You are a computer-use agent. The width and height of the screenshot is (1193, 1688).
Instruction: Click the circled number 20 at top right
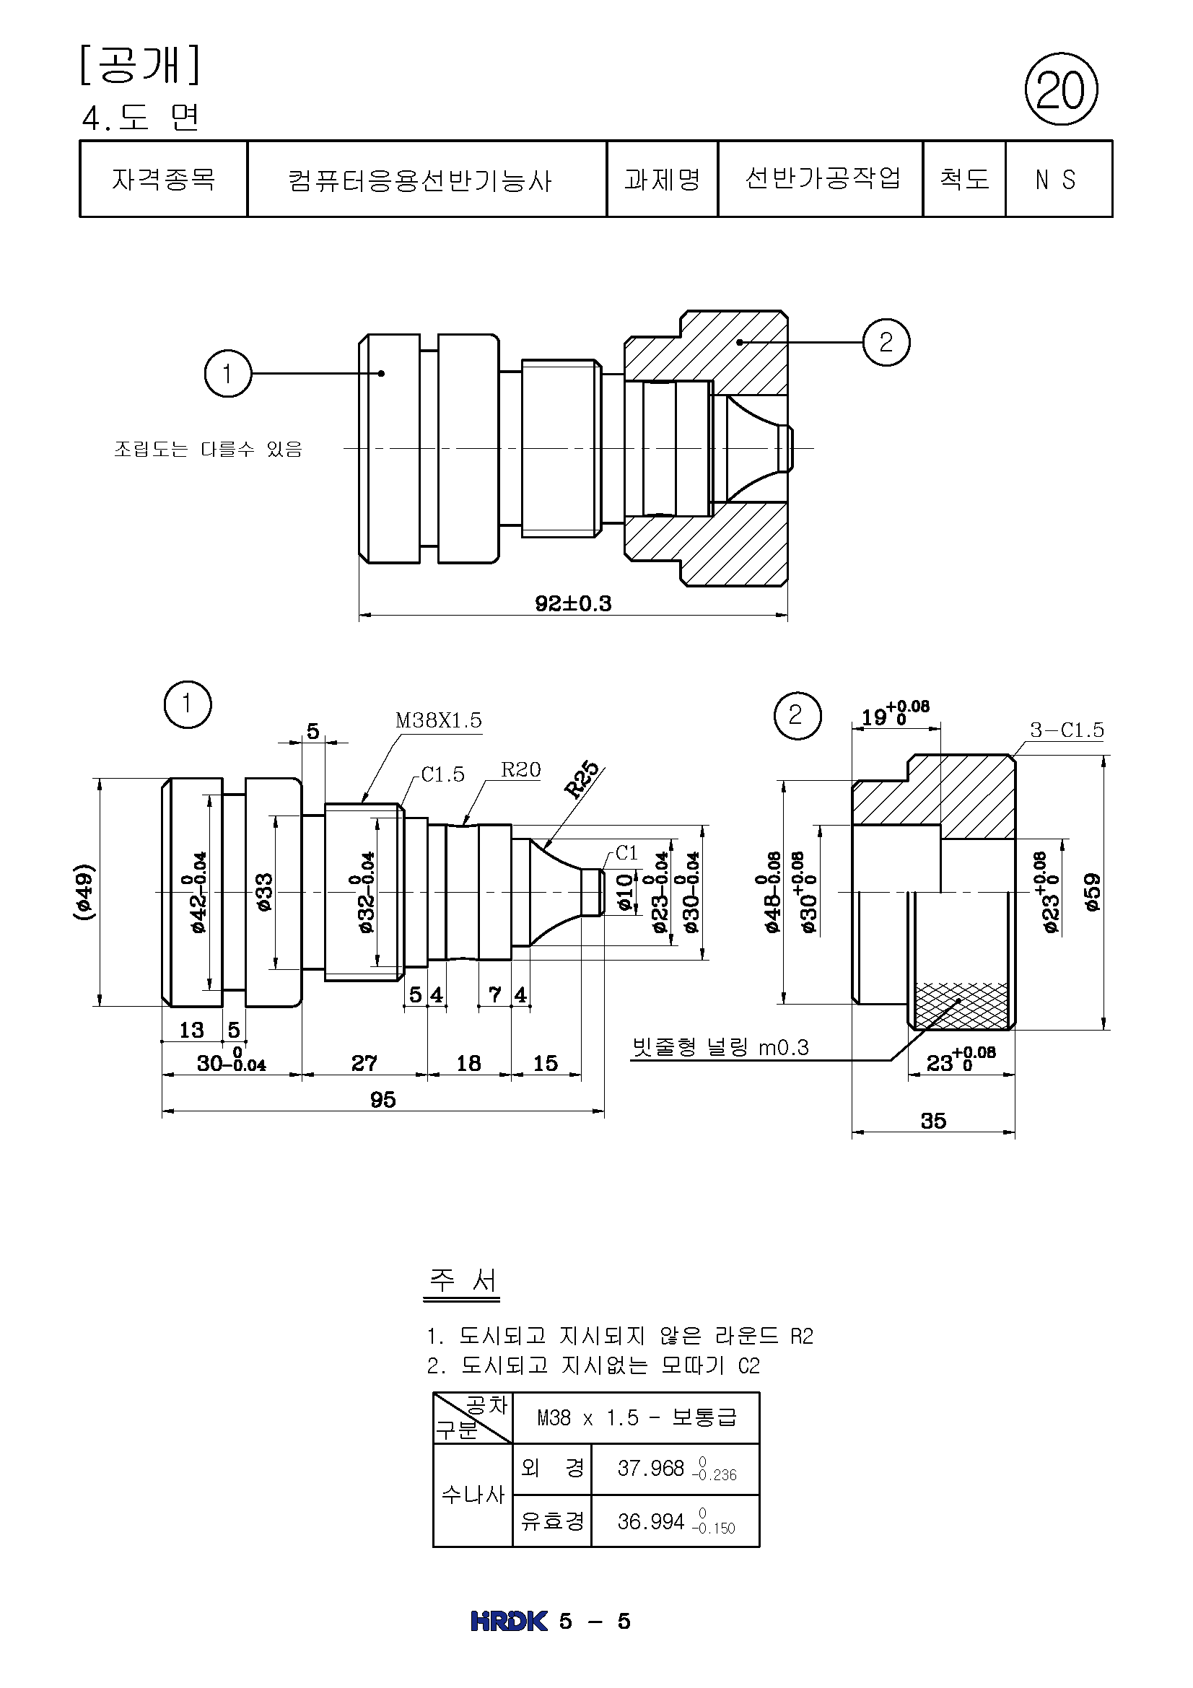coord(1061,89)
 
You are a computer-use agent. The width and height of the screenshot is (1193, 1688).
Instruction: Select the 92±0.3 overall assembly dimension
coord(572,603)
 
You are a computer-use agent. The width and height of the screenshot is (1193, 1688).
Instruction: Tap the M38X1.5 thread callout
coord(439,720)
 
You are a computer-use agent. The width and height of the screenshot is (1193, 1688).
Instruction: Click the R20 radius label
coord(520,770)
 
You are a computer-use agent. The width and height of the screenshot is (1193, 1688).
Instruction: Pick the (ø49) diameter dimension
coord(84,892)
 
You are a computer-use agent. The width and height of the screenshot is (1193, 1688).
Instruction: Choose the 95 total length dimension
coord(383,1099)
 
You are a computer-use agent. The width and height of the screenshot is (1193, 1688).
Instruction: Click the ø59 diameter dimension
coord(1092,892)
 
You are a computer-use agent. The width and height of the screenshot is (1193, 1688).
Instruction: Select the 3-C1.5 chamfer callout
coord(1067,730)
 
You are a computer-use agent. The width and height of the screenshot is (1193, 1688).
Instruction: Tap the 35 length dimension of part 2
coord(932,1121)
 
